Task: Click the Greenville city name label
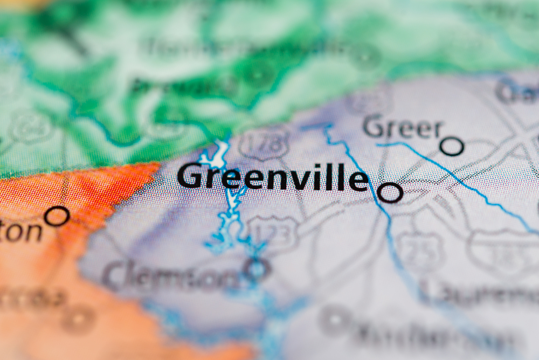click(272, 177)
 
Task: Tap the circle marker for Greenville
click(390, 192)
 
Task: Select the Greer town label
click(402, 128)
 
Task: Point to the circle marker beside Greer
click(452, 146)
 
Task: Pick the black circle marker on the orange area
click(57, 216)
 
